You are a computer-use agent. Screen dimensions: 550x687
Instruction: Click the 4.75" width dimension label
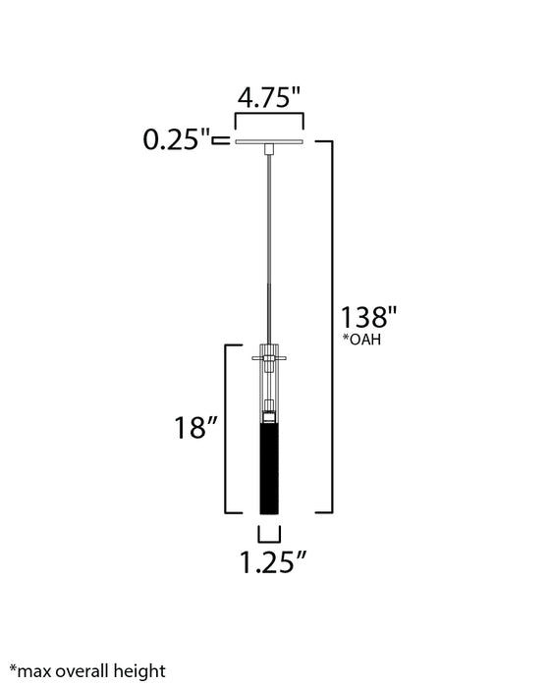click(269, 97)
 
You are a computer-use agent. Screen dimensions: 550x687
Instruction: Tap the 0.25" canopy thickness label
click(177, 139)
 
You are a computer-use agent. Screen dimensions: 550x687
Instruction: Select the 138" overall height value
click(368, 317)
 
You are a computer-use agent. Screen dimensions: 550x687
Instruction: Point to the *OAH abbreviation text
click(361, 340)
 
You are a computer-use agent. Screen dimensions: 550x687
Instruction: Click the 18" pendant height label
click(195, 427)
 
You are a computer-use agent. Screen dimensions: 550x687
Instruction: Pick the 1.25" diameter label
click(273, 562)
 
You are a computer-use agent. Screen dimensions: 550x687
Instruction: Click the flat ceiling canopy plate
click(269, 142)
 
